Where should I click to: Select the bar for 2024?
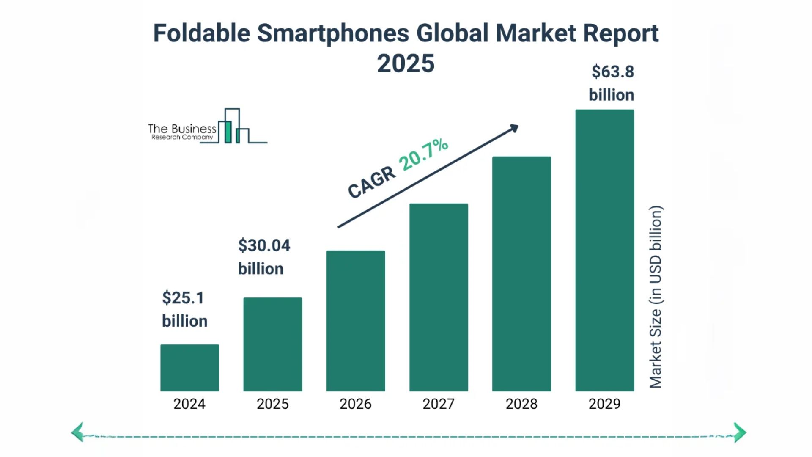pos(189,368)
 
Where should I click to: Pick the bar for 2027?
pos(439,297)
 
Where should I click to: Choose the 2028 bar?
pos(521,274)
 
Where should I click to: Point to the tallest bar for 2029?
pos(604,250)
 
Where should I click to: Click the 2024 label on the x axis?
pos(189,404)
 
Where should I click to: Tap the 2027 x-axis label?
pos(439,404)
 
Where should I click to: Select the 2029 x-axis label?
pos(604,404)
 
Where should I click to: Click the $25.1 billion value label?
pos(184,309)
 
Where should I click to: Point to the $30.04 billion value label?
pos(264,257)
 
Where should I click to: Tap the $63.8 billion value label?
pos(612,83)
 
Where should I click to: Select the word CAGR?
pos(371,182)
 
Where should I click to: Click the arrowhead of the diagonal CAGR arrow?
pos(514,128)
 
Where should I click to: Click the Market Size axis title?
pos(656,297)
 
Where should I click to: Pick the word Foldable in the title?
pos(201,33)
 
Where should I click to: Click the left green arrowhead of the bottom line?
pos(78,432)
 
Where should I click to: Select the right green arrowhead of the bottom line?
pos(740,432)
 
